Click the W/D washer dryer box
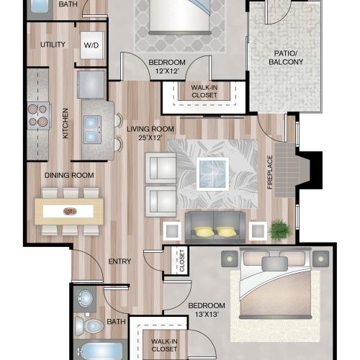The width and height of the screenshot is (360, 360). pyautogui.click(x=92, y=45)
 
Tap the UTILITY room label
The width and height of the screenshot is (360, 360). pyautogui.click(x=53, y=45)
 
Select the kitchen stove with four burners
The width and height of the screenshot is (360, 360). pyautogui.click(x=39, y=116)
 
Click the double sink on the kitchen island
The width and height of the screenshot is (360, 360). pyautogui.click(x=92, y=130)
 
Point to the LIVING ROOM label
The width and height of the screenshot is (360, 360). pyautogui.click(x=150, y=129)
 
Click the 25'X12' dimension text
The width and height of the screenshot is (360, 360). pyautogui.click(x=150, y=138)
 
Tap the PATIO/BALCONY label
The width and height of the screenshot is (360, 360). pyautogui.click(x=286, y=58)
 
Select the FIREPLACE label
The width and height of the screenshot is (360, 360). pyautogui.click(x=270, y=172)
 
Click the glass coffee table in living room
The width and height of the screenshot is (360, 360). pyautogui.click(x=212, y=174)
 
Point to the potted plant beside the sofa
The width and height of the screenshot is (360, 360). pyautogui.click(x=280, y=230)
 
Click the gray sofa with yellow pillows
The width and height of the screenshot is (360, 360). pyautogui.click(x=215, y=227)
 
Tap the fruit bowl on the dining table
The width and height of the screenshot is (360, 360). pyautogui.click(x=70, y=211)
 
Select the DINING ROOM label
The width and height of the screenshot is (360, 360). pyautogui.click(x=69, y=175)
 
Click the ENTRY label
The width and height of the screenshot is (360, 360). pyautogui.click(x=120, y=261)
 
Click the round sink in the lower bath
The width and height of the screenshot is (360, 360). pyautogui.click(x=85, y=299)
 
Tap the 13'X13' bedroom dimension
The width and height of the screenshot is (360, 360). pyautogui.click(x=207, y=314)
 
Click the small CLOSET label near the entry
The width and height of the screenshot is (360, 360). pyautogui.click(x=182, y=261)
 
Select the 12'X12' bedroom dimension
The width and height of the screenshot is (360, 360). pyautogui.click(x=167, y=71)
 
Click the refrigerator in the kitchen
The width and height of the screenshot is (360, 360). pyautogui.click(x=91, y=84)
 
